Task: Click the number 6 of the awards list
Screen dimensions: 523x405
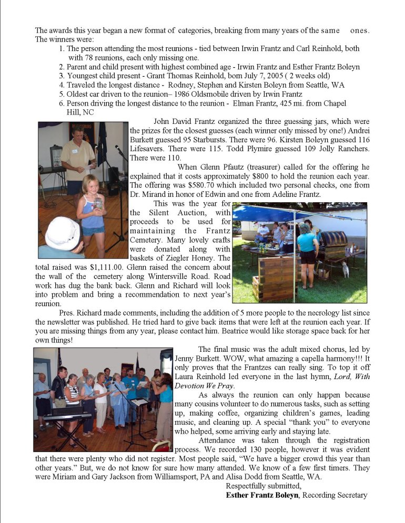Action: click(62, 103)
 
